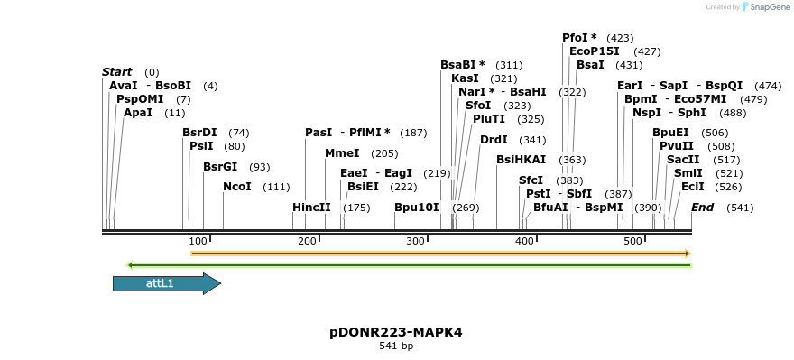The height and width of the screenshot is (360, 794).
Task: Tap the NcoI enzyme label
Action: pos(237,187)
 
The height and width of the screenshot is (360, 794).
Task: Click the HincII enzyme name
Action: pos(311,208)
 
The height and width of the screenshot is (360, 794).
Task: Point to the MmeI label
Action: pos(342,153)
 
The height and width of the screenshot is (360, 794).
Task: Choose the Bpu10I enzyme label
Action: pos(416,208)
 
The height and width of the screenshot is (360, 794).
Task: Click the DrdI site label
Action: pos(494,140)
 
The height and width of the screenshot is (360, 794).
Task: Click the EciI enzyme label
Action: pos(692,187)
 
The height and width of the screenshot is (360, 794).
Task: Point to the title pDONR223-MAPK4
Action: pos(396,332)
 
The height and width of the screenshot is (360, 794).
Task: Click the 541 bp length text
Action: pos(396,346)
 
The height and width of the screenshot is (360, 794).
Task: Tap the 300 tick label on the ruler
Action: pos(416,242)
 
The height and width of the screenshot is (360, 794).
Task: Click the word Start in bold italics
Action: pos(117,72)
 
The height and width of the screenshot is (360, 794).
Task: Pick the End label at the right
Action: pos(703,208)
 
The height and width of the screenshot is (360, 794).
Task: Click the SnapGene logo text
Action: pos(767,7)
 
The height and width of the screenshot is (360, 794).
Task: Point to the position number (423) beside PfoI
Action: pos(620,38)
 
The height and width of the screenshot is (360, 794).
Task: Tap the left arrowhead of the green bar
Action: pos(131,265)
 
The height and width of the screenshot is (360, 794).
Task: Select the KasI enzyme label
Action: pos(465,78)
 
